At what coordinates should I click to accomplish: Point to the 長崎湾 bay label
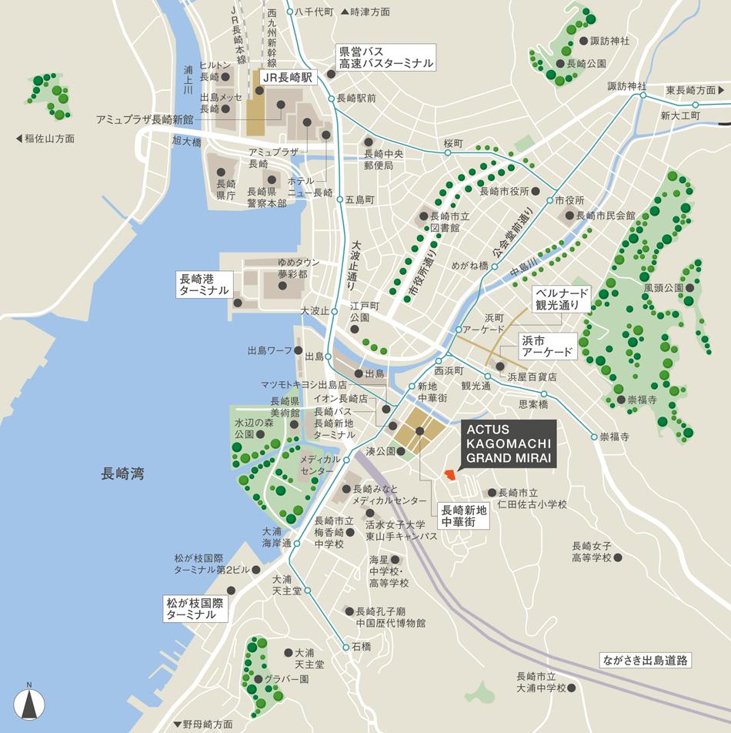122,474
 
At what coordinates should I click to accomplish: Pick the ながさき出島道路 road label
646,660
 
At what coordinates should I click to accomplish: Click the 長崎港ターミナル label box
204,284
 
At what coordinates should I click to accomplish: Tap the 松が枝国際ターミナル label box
196,608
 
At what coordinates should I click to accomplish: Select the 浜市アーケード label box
547,346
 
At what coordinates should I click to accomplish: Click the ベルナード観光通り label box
562,299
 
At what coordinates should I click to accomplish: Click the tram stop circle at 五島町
339,199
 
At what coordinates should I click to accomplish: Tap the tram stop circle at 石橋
345,647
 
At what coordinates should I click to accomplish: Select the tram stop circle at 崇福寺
593,437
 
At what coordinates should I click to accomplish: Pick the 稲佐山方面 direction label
45,139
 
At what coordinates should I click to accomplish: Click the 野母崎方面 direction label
203,725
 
